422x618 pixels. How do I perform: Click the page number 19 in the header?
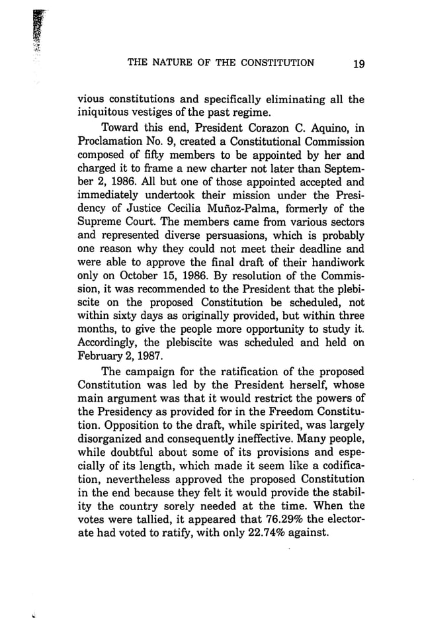358,64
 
